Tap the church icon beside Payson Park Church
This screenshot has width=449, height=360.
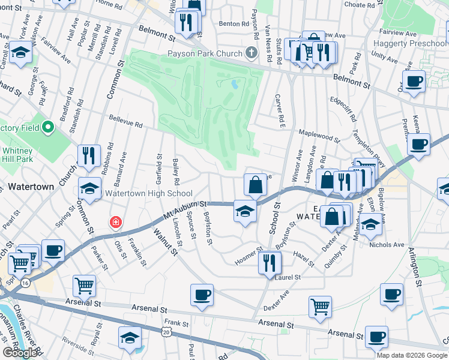[252, 53]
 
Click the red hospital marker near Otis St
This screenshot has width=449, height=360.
[114, 223]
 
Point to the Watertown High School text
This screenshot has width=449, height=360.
[149, 194]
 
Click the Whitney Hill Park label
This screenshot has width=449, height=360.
[17, 155]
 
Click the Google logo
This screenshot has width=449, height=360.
[20, 353]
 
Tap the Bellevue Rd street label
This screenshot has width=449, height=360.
[125, 125]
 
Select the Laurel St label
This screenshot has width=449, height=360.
[289, 278]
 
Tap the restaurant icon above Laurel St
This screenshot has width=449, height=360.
[270, 262]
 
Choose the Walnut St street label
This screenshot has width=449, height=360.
[166, 241]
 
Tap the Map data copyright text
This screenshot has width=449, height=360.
[411, 355]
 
